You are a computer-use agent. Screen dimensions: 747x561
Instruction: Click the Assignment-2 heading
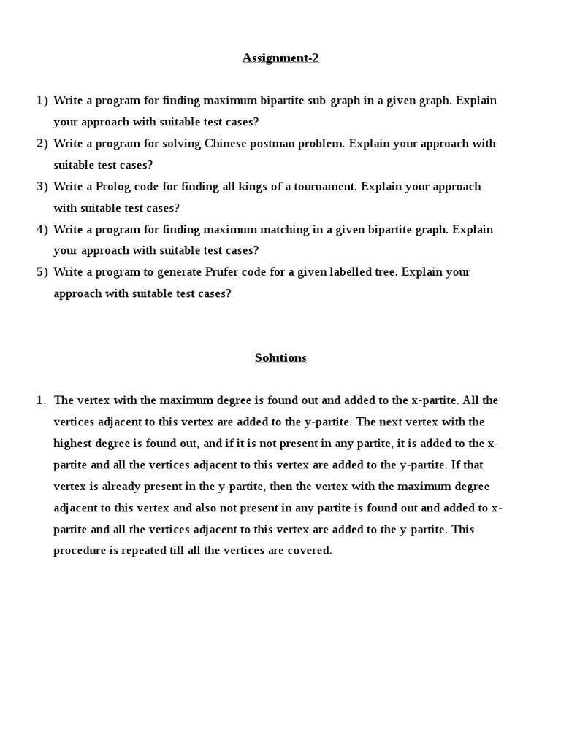coord(280,58)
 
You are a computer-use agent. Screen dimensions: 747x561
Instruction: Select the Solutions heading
coord(280,357)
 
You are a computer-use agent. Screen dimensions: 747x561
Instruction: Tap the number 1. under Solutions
coord(41,400)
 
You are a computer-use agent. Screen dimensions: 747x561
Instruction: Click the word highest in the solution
coord(73,444)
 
